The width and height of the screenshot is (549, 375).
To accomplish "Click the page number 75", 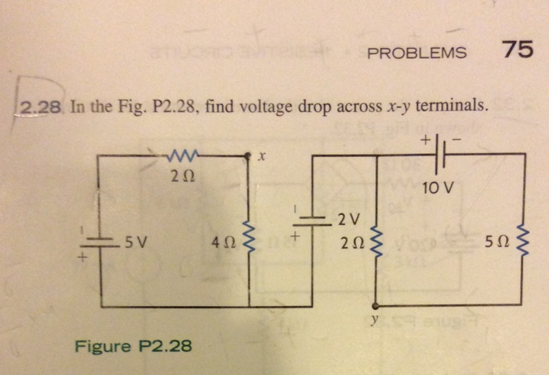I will click(x=518, y=51).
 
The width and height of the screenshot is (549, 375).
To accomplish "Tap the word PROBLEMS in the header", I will click(x=417, y=54).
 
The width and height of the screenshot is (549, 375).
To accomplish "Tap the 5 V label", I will click(x=136, y=242).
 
